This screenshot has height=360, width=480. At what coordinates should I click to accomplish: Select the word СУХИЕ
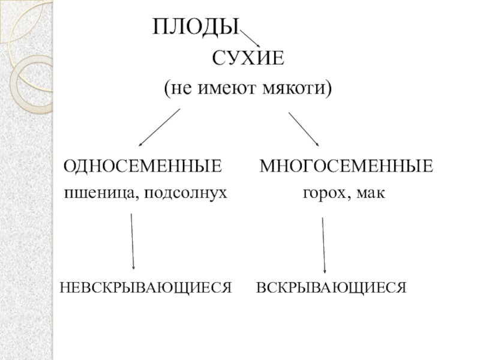click(x=248, y=59)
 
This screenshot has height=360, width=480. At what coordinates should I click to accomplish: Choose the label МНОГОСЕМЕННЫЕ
click(x=346, y=166)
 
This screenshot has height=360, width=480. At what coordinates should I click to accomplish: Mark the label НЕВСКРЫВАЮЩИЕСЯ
click(x=145, y=287)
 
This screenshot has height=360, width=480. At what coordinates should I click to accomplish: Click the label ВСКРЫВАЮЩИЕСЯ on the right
click(x=332, y=287)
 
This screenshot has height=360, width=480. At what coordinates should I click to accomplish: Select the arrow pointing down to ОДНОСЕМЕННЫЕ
click(x=160, y=127)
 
